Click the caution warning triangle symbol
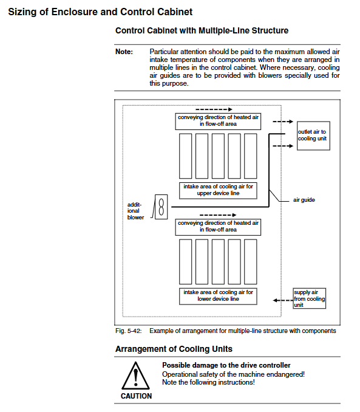tap(135, 376)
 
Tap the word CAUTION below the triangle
tap(136, 396)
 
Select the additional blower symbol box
tap(161, 207)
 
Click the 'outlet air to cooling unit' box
tap(313, 136)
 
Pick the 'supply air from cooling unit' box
tap(310, 298)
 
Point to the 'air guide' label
tap(304, 200)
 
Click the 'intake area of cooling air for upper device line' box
tap(218, 190)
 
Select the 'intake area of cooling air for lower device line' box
tap(218, 296)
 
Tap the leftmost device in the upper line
tap(185, 156)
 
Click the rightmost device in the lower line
tap(251, 262)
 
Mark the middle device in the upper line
tap(218, 156)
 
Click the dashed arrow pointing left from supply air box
tap(283, 300)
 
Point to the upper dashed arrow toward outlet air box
tap(283, 122)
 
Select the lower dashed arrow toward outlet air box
tap(283, 146)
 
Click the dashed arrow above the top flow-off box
tap(214, 109)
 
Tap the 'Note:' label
tap(124, 52)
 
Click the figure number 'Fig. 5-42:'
tap(129, 331)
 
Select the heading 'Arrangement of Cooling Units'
tap(174, 349)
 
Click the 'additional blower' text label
tap(135, 211)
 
